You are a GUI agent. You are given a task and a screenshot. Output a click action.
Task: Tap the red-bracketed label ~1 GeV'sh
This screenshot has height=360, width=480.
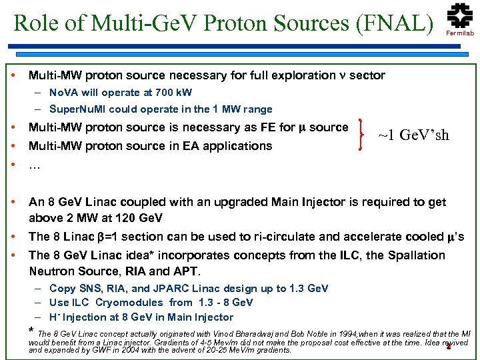click(x=413, y=135)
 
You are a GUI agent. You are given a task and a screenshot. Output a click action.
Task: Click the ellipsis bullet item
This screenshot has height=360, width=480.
click(x=35, y=165)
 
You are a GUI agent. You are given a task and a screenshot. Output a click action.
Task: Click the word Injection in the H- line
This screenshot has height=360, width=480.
click(x=92, y=317)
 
